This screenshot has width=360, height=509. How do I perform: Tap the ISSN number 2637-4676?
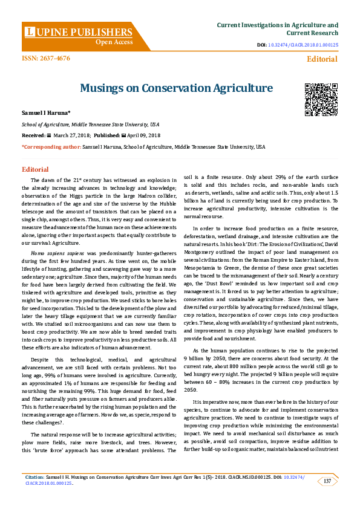tap(46, 58)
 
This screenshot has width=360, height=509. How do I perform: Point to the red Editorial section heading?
tap(35, 169)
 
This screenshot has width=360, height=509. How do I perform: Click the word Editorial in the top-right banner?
tap(322, 59)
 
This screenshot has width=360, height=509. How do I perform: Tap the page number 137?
tap(327, 481)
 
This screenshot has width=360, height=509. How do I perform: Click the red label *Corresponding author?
tap(51, 147)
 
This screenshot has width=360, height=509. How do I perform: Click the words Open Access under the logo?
tap(114, 43)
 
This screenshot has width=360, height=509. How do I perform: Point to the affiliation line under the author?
tap(83, 125)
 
